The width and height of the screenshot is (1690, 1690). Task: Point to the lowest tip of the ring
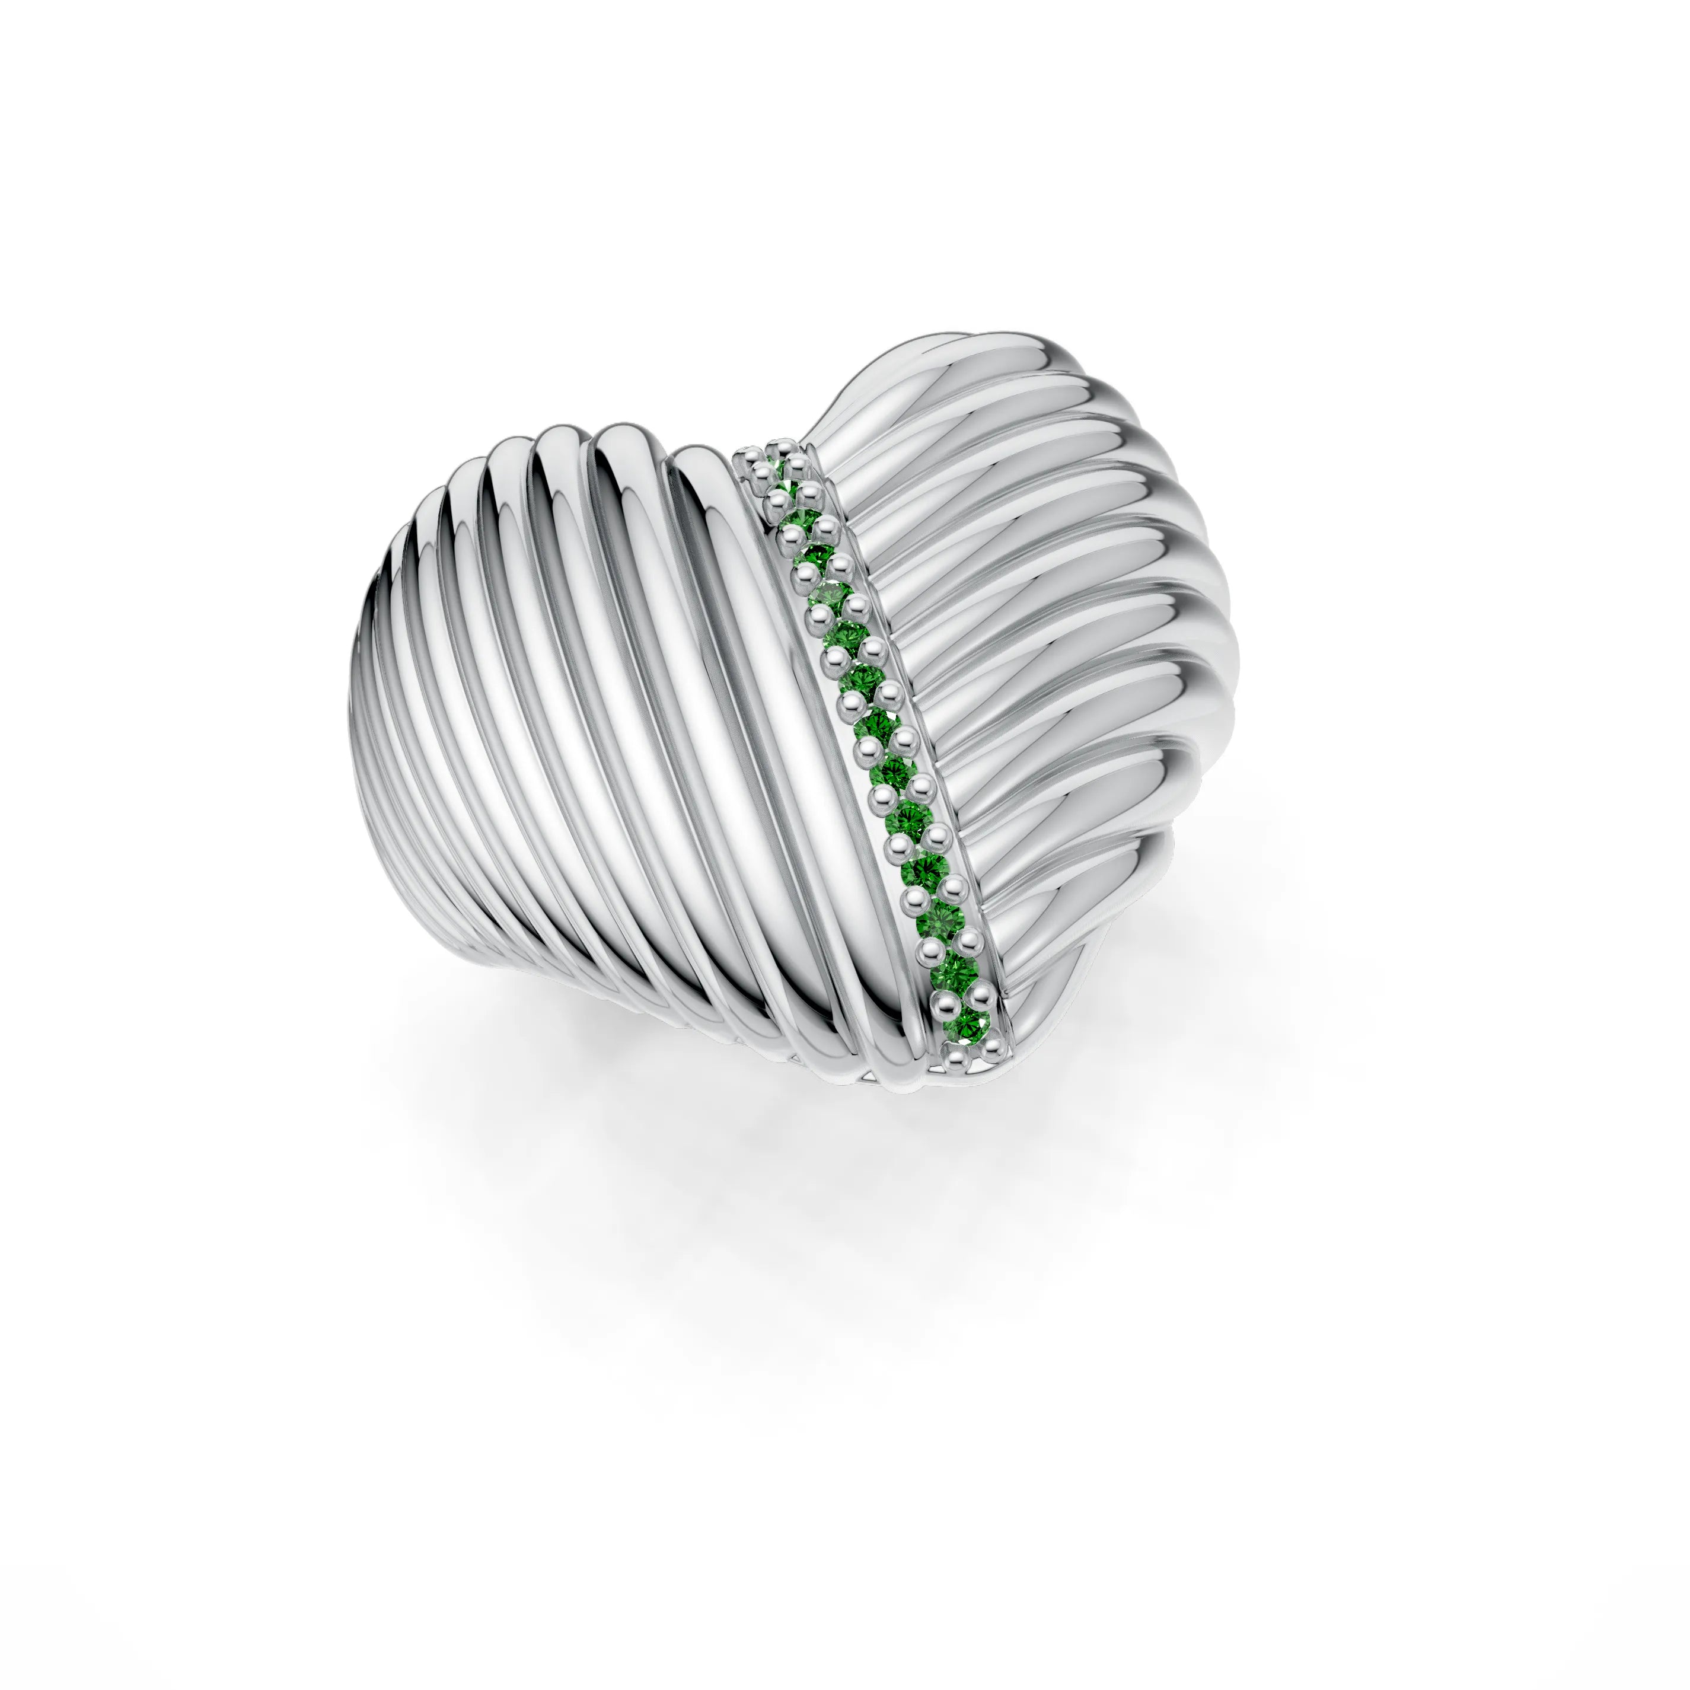pos(910,1089)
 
